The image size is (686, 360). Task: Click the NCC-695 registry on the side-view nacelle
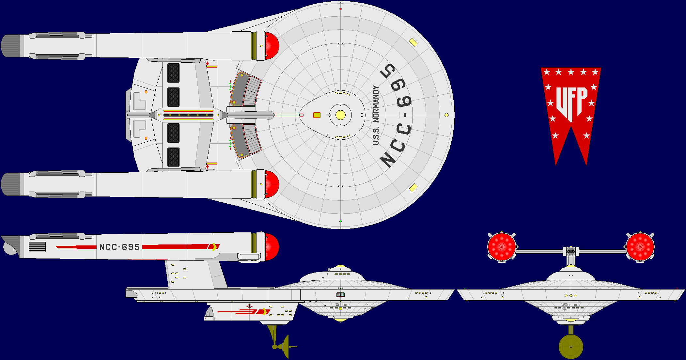(x=119, y=247)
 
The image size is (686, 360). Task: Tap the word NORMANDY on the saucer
(x=376, y=104)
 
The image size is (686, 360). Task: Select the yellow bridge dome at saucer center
(x=340, y=115)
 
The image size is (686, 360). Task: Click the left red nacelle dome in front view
(x=502, y=247)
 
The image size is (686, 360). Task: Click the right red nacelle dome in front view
(x=640, y=247)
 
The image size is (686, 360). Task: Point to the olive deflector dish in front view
(x=571, y=347)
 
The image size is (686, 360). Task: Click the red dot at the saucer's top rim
(x=340, y=9)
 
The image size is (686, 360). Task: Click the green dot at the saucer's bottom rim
(x=340, y=221)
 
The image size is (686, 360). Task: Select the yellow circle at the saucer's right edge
(x=446, y=115)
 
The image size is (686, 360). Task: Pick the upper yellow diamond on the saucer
(x=413, y=42)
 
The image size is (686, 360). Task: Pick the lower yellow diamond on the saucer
(x=413, y=188)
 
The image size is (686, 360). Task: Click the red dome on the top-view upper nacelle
(x=272, y=46)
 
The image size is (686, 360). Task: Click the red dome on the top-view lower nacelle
(x=272, y=184)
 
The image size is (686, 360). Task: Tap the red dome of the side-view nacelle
(x=272, y=247)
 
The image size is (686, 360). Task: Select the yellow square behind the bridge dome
(x=317, y=115)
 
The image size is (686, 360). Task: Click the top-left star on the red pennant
(x=547, y=72)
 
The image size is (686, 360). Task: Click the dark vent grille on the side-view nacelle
(x=37, y=247)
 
